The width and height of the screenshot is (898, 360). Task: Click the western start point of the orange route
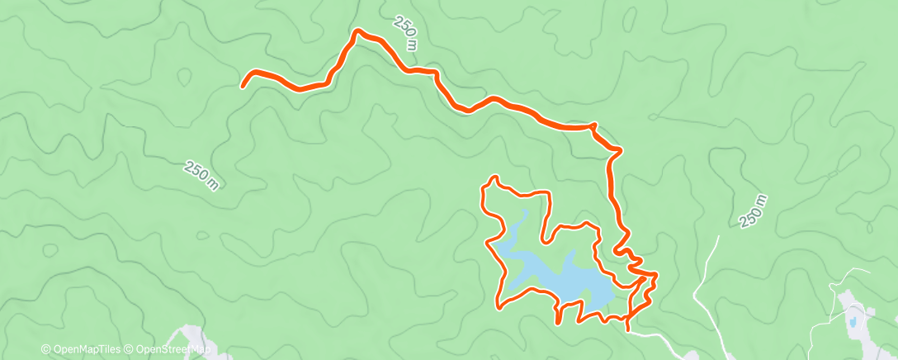point(243,85)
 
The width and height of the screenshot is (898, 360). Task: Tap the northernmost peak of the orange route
point(358,31)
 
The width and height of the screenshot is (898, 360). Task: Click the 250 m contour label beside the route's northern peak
point(405,34)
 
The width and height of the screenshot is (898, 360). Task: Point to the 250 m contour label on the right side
point(754,211)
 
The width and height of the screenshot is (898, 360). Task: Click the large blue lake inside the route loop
point(561,277)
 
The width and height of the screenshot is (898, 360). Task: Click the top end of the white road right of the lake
point(718,238)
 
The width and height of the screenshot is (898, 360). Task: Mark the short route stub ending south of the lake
point(559,320)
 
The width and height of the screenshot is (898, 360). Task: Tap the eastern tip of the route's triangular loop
point(656,273)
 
